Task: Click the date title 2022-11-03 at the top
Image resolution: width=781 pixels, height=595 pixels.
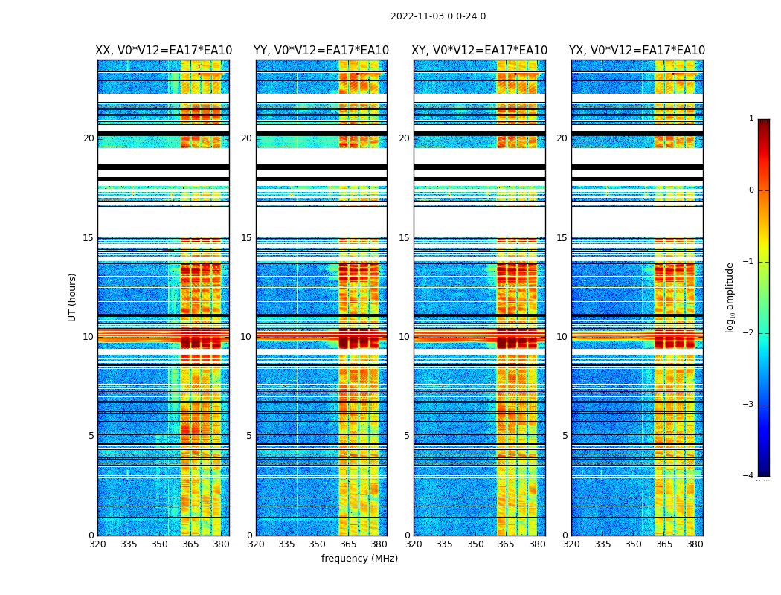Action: coord(437,16)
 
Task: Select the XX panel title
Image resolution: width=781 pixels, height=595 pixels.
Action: coord(164,51)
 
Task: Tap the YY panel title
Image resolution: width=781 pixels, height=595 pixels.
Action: coord(321,51)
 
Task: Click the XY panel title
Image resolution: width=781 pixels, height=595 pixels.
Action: coord(479,51)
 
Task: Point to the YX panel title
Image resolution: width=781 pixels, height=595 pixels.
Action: coord(637,51)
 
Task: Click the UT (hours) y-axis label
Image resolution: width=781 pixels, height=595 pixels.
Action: coord(73,297)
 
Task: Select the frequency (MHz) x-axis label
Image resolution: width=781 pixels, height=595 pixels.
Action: coord(359,559)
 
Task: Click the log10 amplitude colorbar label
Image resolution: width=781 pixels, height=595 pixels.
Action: coord(730,297)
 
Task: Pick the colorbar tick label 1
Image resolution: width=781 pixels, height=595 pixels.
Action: coord(751,119)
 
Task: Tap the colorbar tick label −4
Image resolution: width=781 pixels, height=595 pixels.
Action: coord(749,476)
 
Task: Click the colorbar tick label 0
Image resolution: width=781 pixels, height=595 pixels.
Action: coord(751,190)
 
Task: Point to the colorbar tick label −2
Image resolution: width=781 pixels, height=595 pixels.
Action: coord(749,333)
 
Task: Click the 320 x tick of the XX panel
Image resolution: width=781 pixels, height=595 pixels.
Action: coord(97,544)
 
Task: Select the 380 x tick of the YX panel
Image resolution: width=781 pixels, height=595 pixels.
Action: coord(695,544)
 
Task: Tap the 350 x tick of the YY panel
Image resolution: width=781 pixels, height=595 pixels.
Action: coord(318,544)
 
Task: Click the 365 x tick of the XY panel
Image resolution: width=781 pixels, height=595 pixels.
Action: coord(507,544)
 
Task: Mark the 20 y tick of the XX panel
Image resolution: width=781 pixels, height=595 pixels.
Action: coord(89,138)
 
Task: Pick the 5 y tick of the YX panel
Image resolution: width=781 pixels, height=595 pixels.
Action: coord(565,436)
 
